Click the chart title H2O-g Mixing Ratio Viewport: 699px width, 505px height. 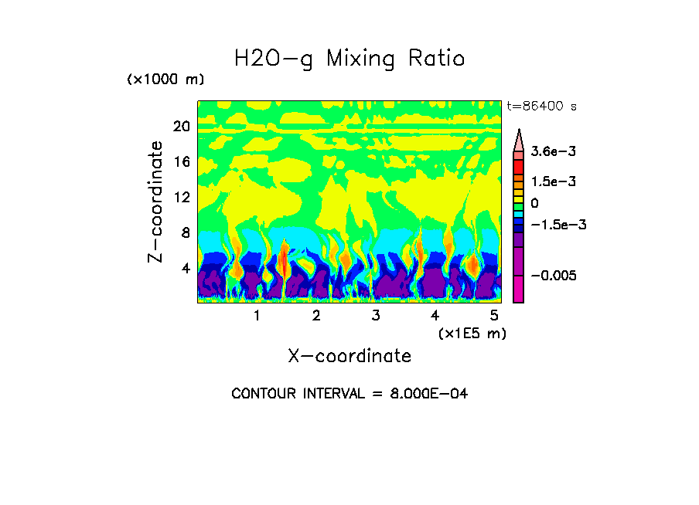pyautogui.click(x=349, y=59)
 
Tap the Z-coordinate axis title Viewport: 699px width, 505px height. pyautogui.click(x=156, y=202)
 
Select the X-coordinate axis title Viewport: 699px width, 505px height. pyautogui.click(x=349, y=356)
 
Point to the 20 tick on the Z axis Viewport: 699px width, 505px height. pyautogui.click(x=181, y=126)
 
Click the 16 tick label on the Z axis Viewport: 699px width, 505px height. pyautogui.click(x=181, y=162)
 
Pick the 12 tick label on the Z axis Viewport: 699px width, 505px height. pyautogui.click(x=181, y=198)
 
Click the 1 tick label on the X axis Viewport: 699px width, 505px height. pyautogui.click(x=257, y=316)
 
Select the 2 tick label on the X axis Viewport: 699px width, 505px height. pyautogui.click(x=316, y=316)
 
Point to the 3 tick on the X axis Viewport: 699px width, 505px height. pyautogui.click(x=375, y=316)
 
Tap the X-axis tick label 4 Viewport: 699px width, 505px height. pyautogui.click(x=435, y=316)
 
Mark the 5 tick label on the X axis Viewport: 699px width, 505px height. pyautogui.click(x=494, y=316)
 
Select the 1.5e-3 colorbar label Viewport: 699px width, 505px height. pyautogui.click(x=548, y=181)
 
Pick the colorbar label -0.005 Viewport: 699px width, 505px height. pyautogui.click(x=552, y=276)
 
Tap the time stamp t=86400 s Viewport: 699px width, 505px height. pyautogui.click(x=541, y=107)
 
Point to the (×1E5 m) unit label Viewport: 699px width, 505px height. pyautogui.click(x=472, y=333)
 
